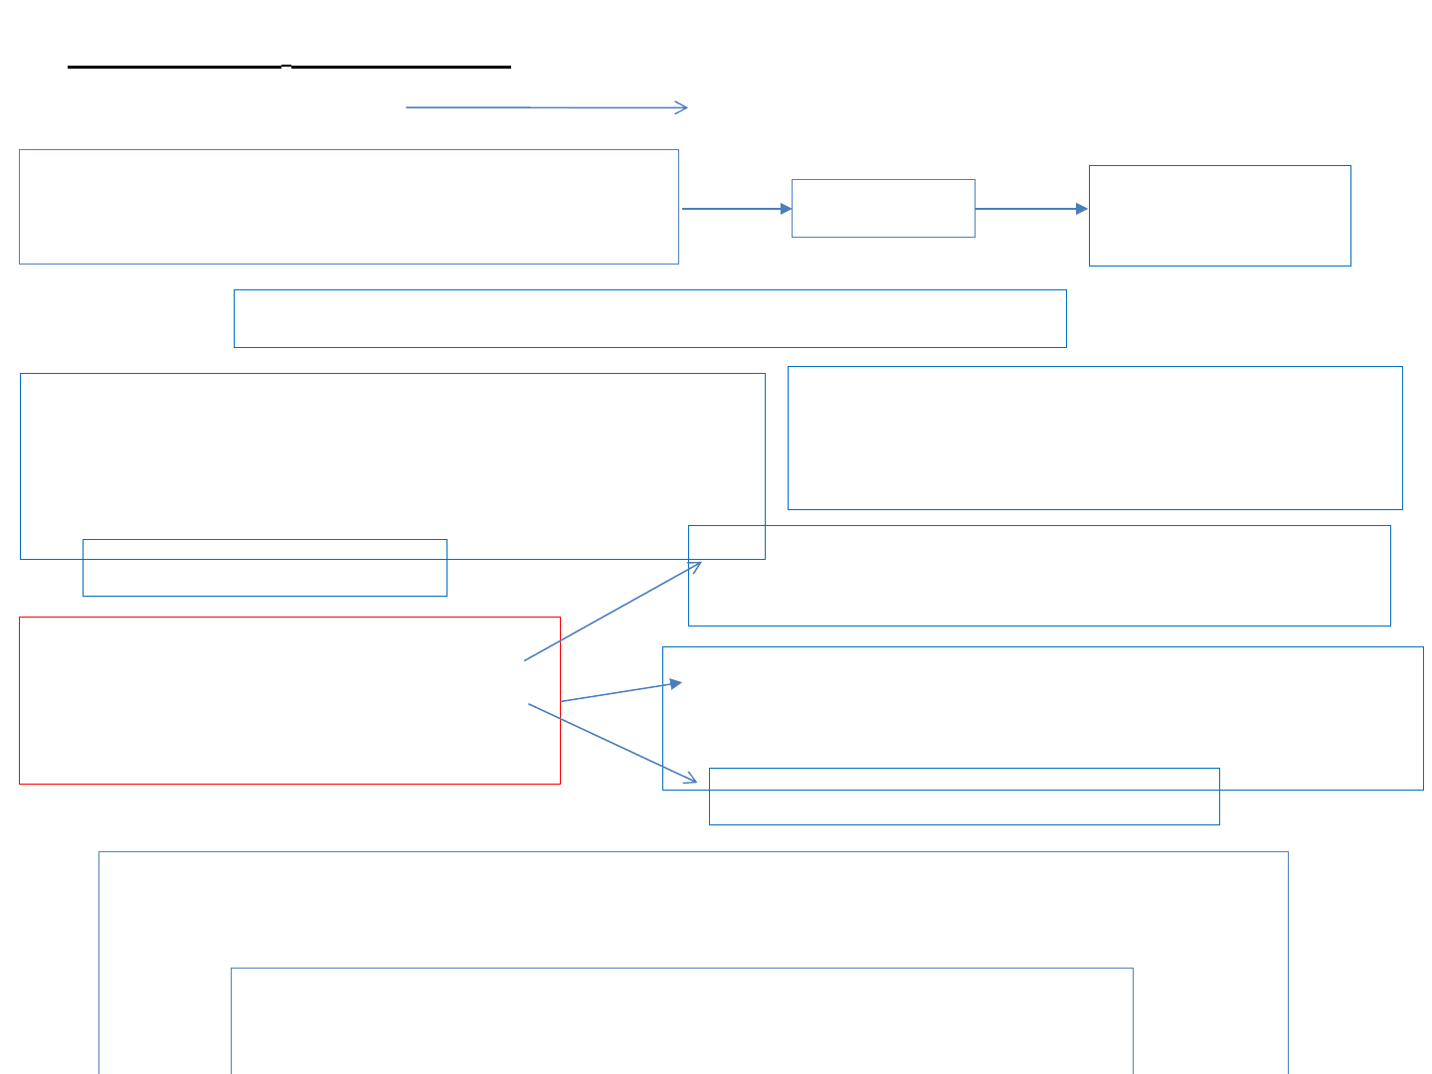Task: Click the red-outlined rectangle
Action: [288, 700]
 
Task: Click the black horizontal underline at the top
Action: [288, 67]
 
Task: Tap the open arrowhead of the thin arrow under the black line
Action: [683, 107]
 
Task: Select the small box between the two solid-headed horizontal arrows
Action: [883, 208]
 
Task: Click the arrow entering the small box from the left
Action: [736, 209]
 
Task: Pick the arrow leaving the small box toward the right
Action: [1031, 209]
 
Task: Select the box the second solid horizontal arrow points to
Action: [1219, 216]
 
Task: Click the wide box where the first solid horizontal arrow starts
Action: [348, 207]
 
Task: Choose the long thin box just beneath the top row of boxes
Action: [649, 318]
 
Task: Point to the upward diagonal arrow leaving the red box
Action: [612, 612]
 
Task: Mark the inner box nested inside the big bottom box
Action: [681, 1020]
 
